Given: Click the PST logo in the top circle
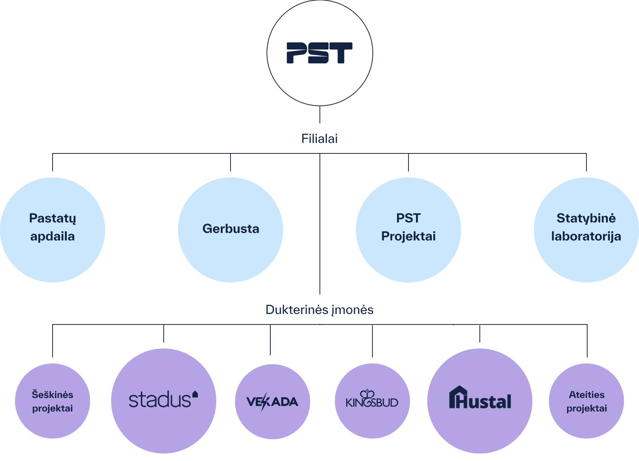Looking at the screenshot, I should click(319, 53).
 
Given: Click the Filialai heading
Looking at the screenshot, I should click(319, 139).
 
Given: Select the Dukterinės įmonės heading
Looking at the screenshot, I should click(319, 310).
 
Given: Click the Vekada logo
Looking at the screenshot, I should click(272, 402).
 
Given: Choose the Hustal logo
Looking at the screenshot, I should click(480, 398).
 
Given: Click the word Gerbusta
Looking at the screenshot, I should click(231, 229).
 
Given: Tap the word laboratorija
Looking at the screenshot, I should click(586, 237).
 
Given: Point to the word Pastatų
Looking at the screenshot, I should click(53, 218).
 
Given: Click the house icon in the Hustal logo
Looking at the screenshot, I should click(458, 397).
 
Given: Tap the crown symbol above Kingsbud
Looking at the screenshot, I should click(367, 394).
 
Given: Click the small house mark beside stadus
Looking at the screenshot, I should click(195, 394).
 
